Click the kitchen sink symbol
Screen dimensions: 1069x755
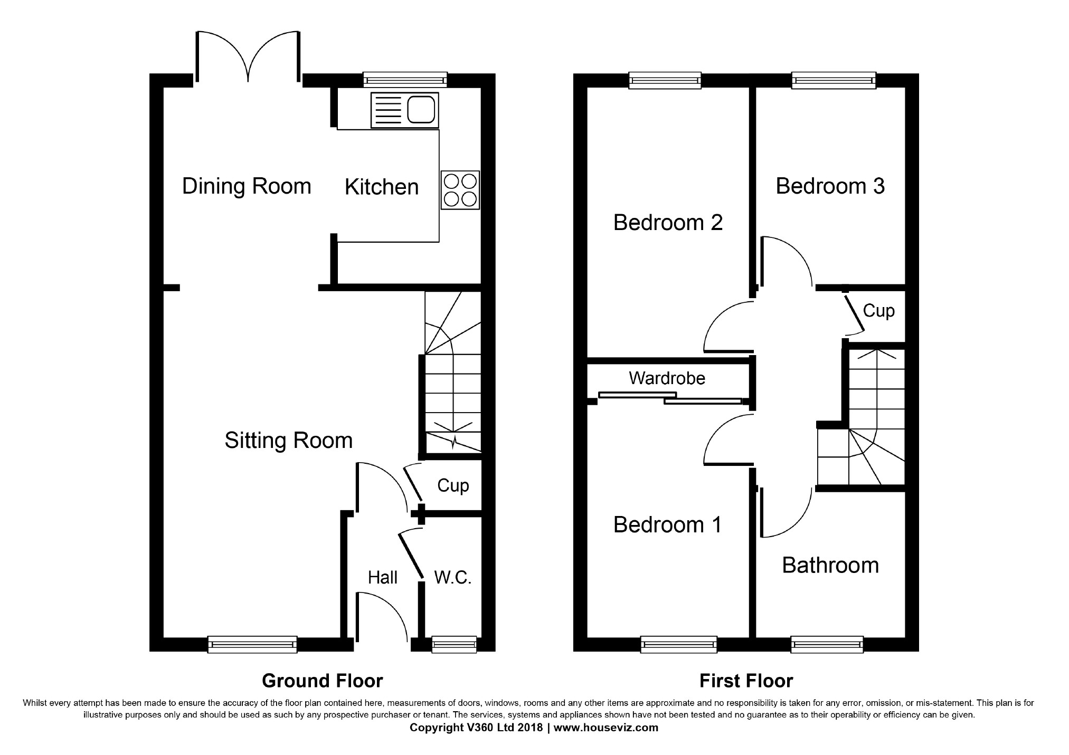(x=404, y=110)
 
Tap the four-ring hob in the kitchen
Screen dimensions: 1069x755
(x=460, y=190)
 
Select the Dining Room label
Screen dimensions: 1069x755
(x=247, y=186)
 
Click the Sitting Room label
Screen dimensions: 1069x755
(x=289, y=441)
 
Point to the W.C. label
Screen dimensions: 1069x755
(x=452, y=577)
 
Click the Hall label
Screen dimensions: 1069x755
(x=383, y=578)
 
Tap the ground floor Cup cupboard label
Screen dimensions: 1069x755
(x=453, y=485)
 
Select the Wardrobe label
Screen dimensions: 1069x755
(x=667, y=378)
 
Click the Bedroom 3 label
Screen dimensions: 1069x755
(x=830, y=186)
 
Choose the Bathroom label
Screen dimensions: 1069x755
(x=830, y=565)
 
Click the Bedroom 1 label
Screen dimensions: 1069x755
(x=667, y=524)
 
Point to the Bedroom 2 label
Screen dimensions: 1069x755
(x=668, y=223)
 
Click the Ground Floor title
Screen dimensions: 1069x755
(x=322, y=681)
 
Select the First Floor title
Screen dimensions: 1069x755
(x=746, y=681)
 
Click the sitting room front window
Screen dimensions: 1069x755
(x=252, y=644)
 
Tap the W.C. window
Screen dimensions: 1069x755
(x=454, y=644)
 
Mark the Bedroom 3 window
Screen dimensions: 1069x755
(x=834, y=80)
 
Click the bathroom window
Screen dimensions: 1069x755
(x=827, y=644)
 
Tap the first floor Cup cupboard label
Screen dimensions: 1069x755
(x=878, y=311)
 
